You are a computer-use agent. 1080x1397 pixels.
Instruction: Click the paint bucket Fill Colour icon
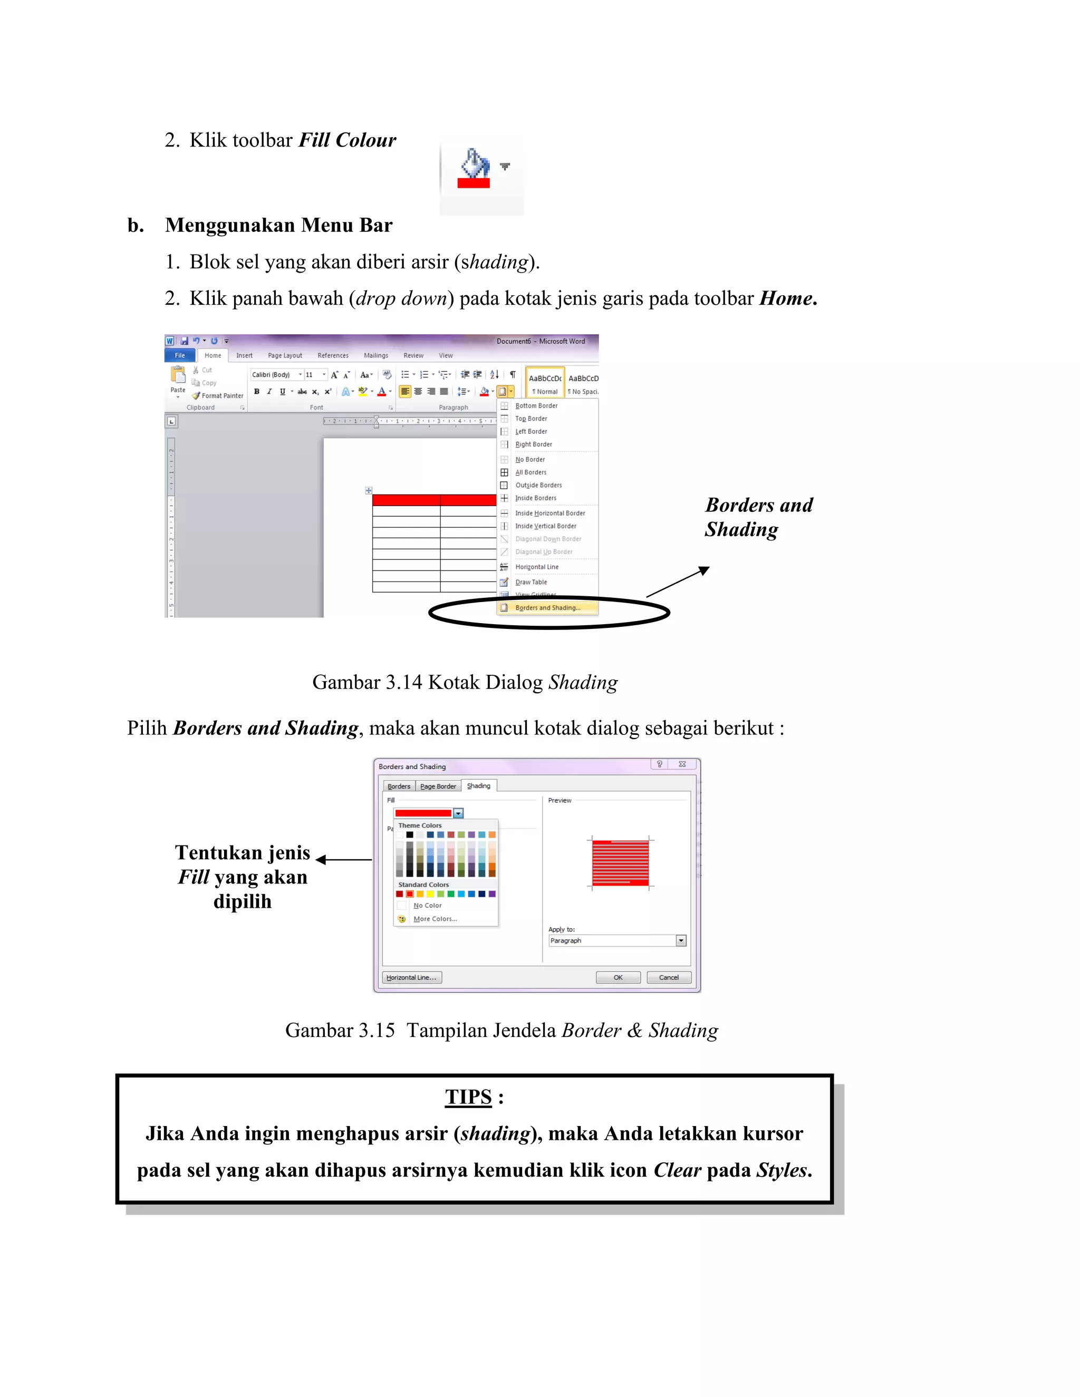coord(475,168)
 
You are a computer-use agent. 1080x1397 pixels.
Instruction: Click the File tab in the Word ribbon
coord(180,356)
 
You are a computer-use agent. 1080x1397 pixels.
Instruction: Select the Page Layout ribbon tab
coord(285,356)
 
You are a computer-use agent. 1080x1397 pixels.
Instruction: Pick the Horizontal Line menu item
coord(536,567)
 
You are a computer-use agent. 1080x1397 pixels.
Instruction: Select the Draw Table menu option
coord(531,582)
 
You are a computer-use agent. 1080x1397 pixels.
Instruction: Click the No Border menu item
coord(530,460)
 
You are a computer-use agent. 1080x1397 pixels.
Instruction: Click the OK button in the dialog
coord(618,977)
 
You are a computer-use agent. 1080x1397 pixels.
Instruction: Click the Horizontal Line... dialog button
coord(411,977)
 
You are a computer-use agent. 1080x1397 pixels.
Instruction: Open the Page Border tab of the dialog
coord(438,786)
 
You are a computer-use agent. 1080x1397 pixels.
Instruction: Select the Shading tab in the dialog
coord(479,785)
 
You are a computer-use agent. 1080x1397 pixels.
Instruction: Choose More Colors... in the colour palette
coord(435,919)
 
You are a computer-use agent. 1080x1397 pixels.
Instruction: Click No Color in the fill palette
coord(427,906)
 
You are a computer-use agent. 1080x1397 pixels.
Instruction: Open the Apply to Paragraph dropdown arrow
coord(681,940)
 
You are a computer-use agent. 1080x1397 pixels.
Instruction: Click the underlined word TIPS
coord(468,1097)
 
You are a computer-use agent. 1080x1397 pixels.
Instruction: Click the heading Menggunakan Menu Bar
coord(278,225)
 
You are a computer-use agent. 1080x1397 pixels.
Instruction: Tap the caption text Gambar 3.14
coord(367,683)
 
